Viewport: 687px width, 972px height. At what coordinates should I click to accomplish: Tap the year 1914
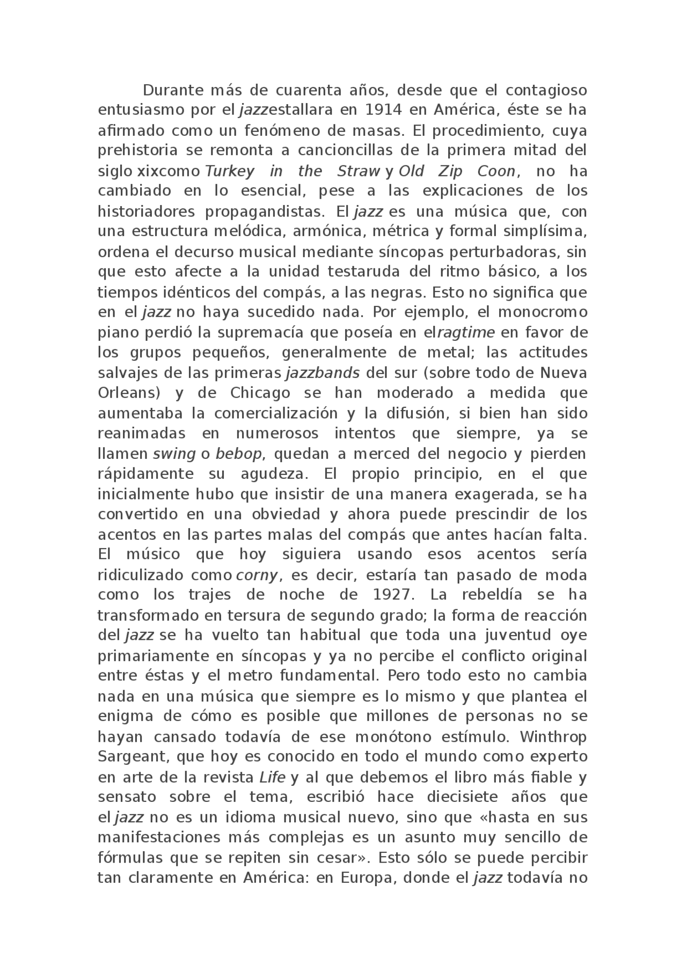coord(383,110)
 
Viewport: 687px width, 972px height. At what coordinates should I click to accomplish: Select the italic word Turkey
coord(230,171)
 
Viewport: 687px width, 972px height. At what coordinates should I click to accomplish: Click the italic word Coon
coord(495,171)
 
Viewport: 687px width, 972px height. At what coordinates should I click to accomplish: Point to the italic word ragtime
coord(466,333)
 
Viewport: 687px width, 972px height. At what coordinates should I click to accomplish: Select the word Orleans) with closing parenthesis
coord(129,393)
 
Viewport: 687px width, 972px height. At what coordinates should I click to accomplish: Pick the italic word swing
coord(174,454)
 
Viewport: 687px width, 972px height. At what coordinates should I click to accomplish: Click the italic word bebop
coord(238,454)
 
